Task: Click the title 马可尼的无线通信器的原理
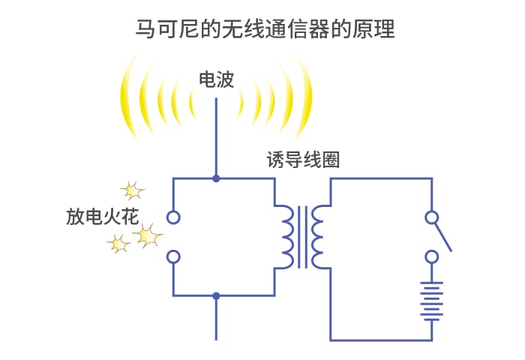point(265,29)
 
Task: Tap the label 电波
point(216,79)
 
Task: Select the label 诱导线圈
point(303,160)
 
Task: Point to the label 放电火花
point(103,217)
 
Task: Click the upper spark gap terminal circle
point(173,217)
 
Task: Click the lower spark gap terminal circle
point(173,257)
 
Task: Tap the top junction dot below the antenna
point(216,178)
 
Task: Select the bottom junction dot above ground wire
point(216,295)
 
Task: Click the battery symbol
point(431,301)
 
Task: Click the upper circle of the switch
point(431,217)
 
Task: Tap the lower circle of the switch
point(431,257)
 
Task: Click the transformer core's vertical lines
point(303,237)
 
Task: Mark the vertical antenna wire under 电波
point(216,137)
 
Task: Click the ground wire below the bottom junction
point(216,319)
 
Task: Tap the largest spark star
point(147,236)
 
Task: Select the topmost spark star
point(133,191)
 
